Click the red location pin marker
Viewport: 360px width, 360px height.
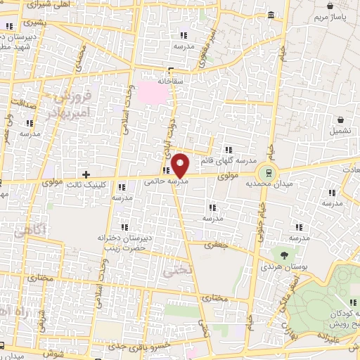(180, 165)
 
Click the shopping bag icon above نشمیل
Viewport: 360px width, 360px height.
(340, 120)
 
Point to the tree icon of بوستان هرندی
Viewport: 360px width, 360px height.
(284, 256)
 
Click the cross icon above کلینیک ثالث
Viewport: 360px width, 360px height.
(86, 174)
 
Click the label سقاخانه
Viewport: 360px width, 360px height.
(169, 82)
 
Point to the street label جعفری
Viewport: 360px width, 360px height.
(212, 245)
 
